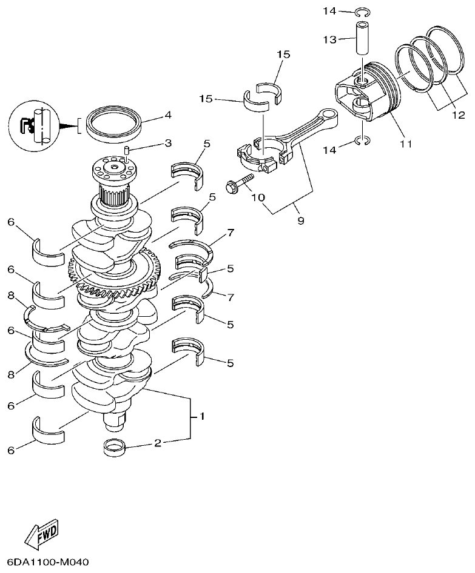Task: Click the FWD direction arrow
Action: [42, 532]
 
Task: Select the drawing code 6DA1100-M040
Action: [49, 562]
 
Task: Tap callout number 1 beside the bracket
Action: [202, 417]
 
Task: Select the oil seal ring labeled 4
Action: [114, 123]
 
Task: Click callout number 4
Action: [167, 114]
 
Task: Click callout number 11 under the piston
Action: [405, 144]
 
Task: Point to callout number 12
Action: [458, 114]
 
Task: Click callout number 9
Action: [301, 221]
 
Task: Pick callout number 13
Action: [329, 39]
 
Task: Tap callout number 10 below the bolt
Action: [258, 198]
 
